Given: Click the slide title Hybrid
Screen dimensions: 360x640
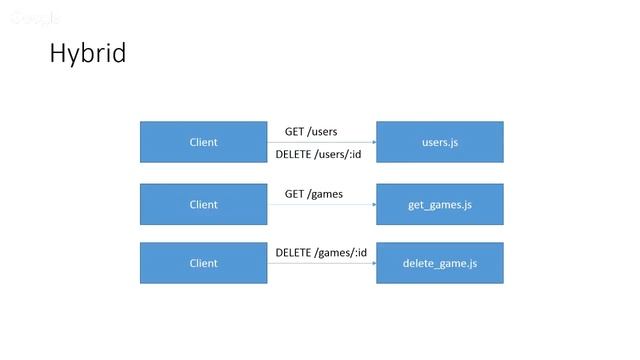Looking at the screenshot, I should (x=88, y=54).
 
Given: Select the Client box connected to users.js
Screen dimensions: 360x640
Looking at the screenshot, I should (x=203, y=142).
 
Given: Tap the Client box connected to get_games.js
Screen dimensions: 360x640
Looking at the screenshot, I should (x=203, y=204).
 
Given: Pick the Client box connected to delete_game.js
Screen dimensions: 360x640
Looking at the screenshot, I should (x=203, y=263).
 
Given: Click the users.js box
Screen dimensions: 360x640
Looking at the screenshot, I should (x=439, y=142).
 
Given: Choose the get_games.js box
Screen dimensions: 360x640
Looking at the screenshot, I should (x=439, y=204).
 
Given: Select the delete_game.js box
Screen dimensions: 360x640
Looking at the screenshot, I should (x=439, y=263).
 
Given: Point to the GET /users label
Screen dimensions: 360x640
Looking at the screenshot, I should (x=311, y=131).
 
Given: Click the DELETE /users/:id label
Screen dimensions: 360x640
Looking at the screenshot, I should (x=317, y=154).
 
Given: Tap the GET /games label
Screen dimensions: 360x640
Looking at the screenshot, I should (x=313, y=193).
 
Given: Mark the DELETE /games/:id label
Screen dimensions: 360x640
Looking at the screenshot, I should (x=320, y=252).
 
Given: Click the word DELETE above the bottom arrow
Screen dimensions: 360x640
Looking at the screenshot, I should (x=293, y=252).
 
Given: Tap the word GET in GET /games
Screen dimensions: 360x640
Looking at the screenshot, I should (x=294, y=193).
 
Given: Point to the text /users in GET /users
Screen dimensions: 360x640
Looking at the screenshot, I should (x=322, y=131).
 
